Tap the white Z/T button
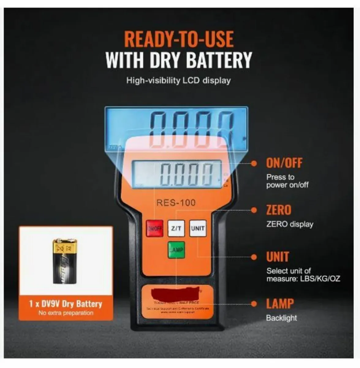click(176, 228)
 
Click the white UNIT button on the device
click(198, 228)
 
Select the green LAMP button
click(176, 250)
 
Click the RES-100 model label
click(176, 203)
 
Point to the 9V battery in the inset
click(65, 261)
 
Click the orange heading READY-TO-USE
click(179, 39)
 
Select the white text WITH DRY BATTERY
click(179, 60)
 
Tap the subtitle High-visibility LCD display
click(179, 81)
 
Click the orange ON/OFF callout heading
click(284, 163)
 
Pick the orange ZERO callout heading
click(279, 210)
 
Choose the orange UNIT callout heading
click(278, 257)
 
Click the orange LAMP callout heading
click(280, 304)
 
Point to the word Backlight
click(281, 318)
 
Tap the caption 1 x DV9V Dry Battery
click(66, 304)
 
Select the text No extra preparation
click(66, 313)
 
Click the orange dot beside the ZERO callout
click(254, 210)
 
